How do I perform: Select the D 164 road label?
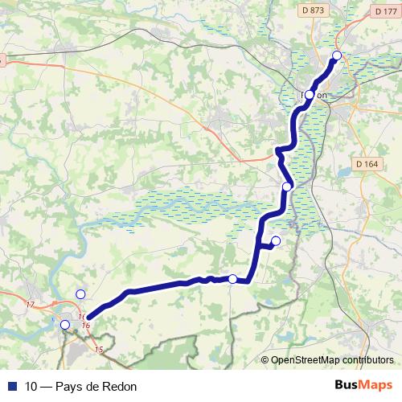coord(366,165)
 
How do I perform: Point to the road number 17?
coord(31,304)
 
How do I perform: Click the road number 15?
coord(99,349)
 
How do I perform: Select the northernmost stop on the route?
coord(337,55)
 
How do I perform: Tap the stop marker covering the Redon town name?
coord(310,95)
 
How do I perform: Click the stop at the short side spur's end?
coord(276,241)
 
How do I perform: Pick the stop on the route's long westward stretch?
coord(232,279)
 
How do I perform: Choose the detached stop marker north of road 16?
coord(80,293)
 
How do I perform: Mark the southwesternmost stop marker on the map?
coord(65,325)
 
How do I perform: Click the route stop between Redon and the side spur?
coord(287,187)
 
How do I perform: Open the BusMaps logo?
coord(363,385)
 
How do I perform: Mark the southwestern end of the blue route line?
coord(88,317)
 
